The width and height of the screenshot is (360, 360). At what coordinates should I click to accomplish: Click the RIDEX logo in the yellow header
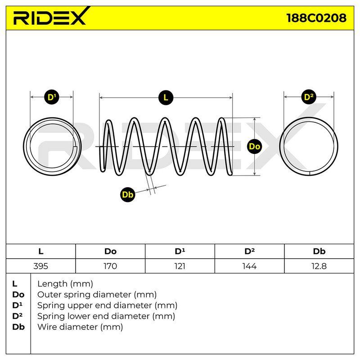(x=50, y=17)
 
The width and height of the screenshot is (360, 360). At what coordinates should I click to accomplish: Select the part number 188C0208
(x=316, y=18)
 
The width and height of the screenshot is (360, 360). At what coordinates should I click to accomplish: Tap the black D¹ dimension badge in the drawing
(x=52, y=97)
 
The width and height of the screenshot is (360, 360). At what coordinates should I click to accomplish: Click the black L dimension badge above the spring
(x=166, y=98)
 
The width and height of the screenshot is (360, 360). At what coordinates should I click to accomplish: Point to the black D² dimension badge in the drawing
(x=309, y=97)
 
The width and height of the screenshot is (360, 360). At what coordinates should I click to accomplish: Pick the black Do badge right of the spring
(x=255, y=146)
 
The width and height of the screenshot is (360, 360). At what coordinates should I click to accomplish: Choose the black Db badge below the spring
(x=128, y=194)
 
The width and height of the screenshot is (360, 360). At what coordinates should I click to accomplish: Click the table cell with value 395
(x=40, y=266)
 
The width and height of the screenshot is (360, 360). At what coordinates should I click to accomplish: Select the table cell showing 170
(x=110, y=266)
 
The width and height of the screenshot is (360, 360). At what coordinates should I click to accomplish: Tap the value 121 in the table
(x=180, y=266)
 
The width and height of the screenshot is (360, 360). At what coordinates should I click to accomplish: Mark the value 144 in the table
(x=250, y=266)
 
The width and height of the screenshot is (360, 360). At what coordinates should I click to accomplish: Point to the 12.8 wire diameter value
(x=319, y=266)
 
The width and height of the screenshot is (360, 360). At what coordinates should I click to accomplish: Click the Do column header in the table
(x=110, y=252)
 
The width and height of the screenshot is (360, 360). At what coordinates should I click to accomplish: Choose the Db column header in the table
(x=319, y=252)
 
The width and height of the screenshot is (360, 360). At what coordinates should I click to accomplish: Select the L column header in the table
(x=40, y=252)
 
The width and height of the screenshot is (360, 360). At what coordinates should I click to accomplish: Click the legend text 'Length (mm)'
(x=65, y=284)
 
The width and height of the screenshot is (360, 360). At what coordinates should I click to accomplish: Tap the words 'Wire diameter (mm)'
(x=80, y=327)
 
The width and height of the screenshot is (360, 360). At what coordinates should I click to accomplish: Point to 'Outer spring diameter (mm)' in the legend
(x=97, y=295)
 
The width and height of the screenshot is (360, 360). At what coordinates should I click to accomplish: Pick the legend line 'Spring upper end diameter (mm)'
(x=107, y=306)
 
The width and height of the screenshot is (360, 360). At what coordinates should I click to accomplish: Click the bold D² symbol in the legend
(x=17, y=316)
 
